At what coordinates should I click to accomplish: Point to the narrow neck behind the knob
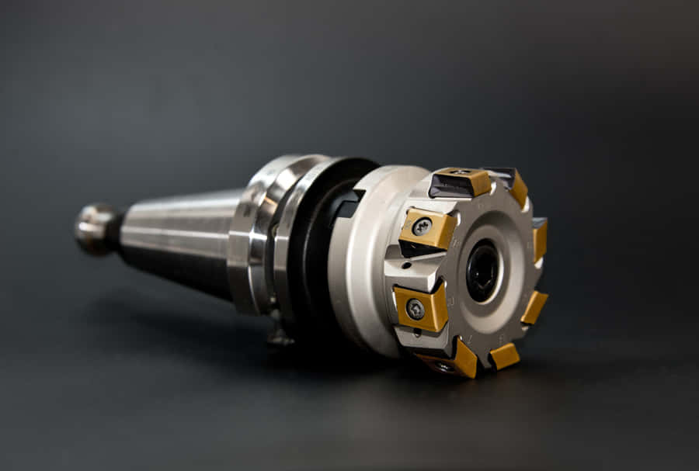pos(115,230)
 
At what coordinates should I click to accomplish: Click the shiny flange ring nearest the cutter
pos(289,233)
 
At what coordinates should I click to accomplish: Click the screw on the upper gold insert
pos(422,227)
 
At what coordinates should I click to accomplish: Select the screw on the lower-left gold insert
pos(416,310)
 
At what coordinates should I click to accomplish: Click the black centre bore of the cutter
pos(482,270)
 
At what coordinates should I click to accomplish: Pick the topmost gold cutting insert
pos(464,181)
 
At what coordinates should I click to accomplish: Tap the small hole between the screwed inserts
pos(406,265)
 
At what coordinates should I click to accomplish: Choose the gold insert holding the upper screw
pos(429,229)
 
